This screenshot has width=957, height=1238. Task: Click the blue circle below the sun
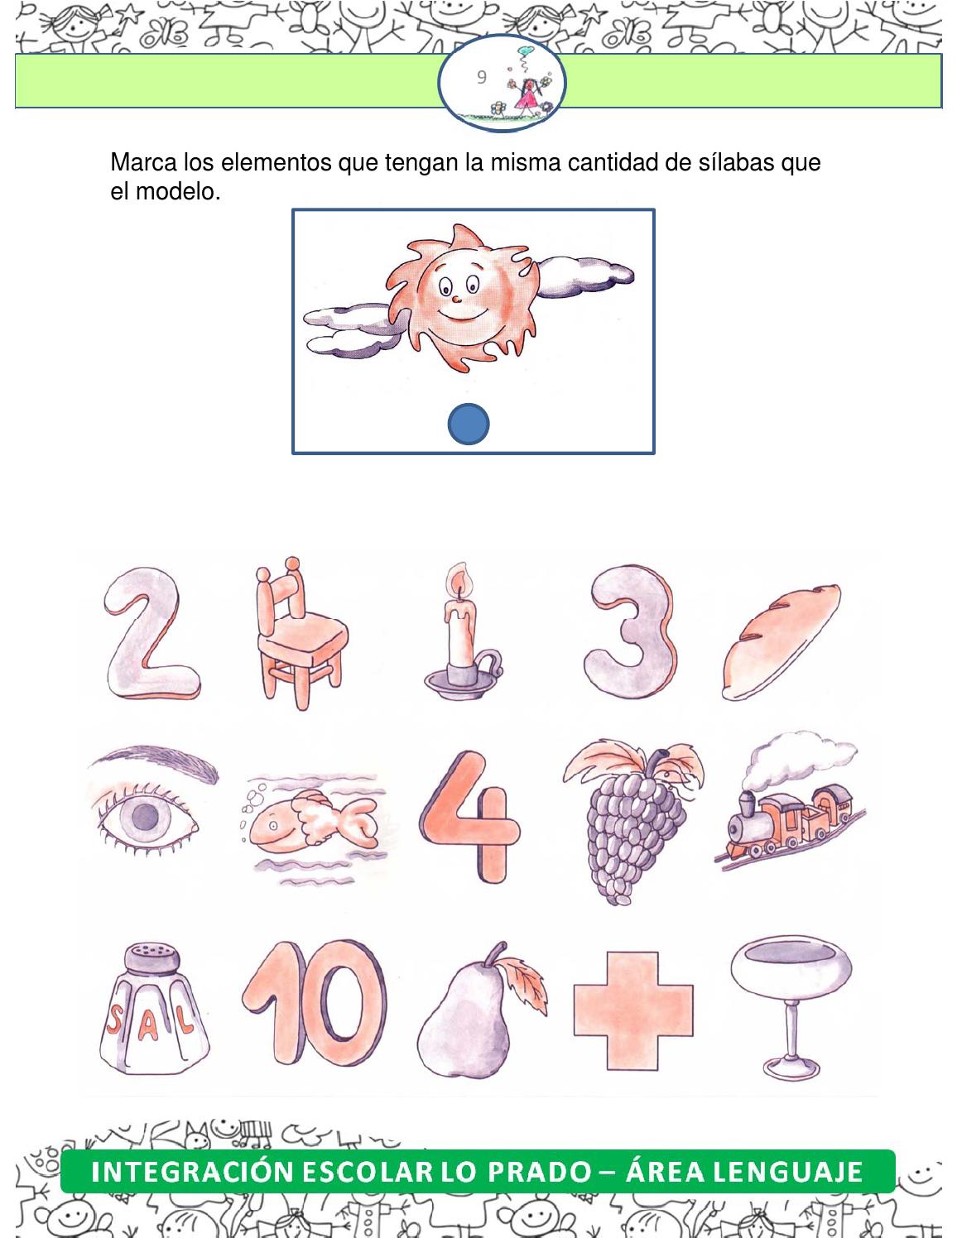[469, 424]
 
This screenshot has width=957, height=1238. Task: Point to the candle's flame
[458, 579]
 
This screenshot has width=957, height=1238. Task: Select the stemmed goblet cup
[790, 1006]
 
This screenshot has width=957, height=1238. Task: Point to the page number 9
[481, 77]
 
